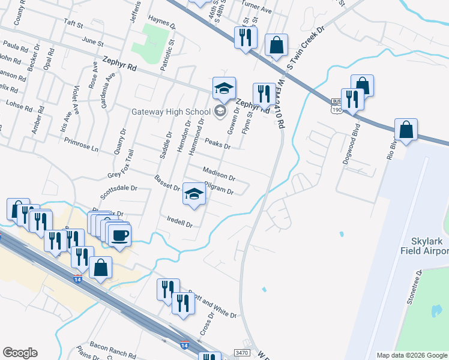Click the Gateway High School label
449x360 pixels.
click(171, 112)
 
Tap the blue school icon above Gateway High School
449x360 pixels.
click(223, 89)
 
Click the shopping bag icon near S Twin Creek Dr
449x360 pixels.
click(276, 46)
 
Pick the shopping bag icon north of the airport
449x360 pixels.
click(406, 130)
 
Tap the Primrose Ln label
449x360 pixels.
click(81, 143)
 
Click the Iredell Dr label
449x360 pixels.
click(180, 224)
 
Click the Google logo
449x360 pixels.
click(20, 353)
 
